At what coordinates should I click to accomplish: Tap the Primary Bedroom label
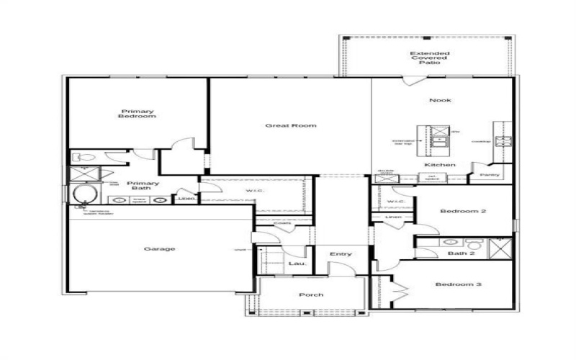pos(138,114)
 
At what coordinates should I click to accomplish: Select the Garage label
pos(159,249)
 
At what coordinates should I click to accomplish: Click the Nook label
pos(440,100)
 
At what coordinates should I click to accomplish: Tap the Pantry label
pos(490,174)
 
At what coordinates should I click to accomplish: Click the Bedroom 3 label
pos(458,284)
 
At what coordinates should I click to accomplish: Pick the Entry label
pos(341,254)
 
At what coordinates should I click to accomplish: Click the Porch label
pos(311,294)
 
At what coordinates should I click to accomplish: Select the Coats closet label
pos(283,223)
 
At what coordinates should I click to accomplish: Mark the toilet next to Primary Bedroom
pos(81,156)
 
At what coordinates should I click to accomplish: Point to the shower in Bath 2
pos(499,247)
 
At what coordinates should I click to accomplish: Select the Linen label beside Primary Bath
pos(186,197)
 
